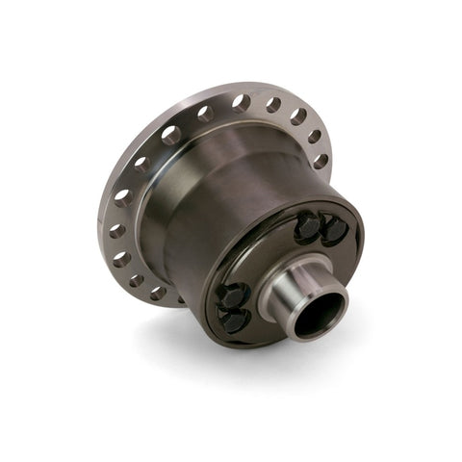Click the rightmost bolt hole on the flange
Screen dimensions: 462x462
[x=321, y=161]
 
